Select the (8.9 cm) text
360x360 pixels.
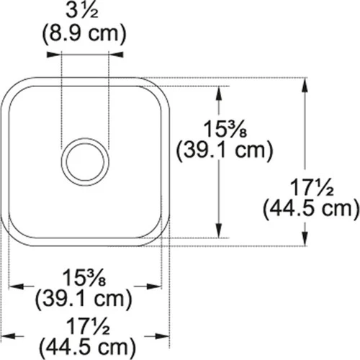(x=86, y=33)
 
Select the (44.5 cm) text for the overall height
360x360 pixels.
(x=311, y=210)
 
